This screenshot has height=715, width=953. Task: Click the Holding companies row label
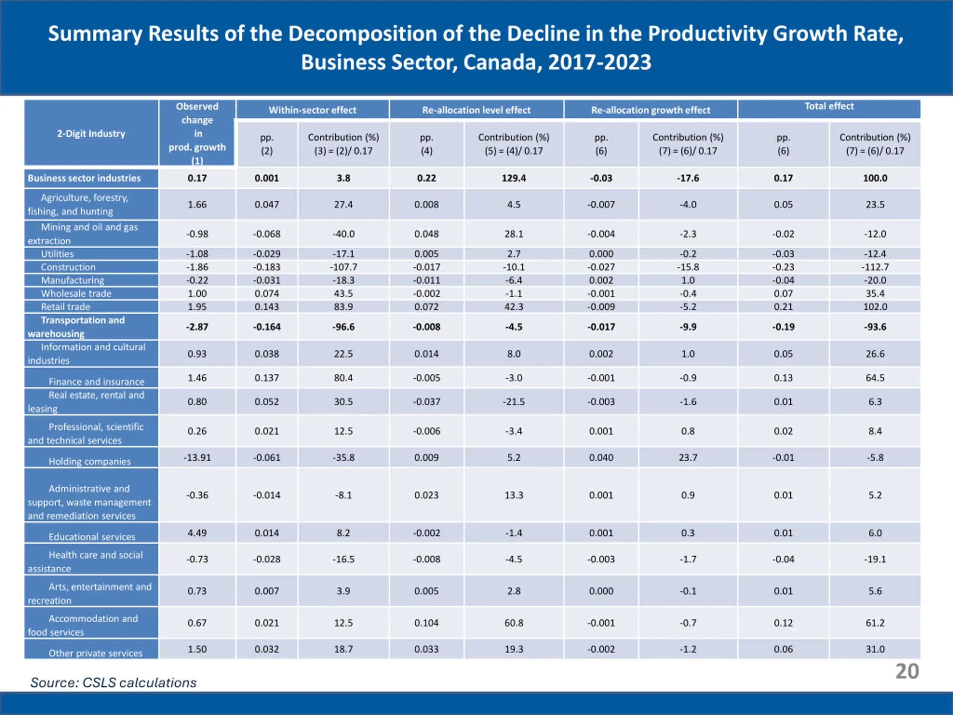coord(89,461)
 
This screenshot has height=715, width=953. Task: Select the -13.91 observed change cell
coord(197,457)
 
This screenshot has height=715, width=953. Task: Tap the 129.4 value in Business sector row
coord(514,178)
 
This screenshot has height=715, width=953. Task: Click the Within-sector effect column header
coord(312,110)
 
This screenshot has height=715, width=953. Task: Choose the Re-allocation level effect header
coord(476,110)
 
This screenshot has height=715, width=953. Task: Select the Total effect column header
coord(829,107)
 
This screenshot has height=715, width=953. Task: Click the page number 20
coord(907,671)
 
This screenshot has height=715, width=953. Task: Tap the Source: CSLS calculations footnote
coord(113,683)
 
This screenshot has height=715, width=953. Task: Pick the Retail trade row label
coord(66,307)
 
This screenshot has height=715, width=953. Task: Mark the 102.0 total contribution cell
coord(875,307)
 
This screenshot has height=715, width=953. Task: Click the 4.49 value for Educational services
coord(197,533)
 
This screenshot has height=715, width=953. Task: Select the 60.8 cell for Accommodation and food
coord(514,623)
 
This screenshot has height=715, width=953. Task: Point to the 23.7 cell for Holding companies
coord(688,457)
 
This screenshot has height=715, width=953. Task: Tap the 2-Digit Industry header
coord(91,134)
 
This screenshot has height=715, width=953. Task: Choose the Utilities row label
coord(57,254)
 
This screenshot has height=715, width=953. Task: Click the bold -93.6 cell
coord(875,327)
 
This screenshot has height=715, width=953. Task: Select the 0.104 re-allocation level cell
coord(426,623)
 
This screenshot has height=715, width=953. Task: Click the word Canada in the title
coord(498,62)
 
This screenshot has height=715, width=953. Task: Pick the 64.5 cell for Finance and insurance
coord(875,378)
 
